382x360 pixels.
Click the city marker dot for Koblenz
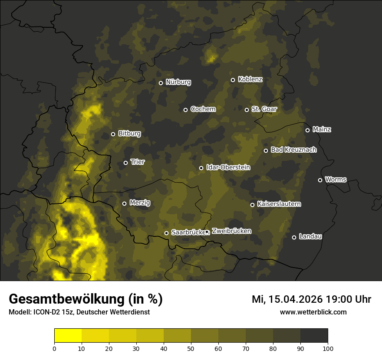coord(233,80)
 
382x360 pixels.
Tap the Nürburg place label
coord(178,82)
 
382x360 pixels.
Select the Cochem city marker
coord(185,110)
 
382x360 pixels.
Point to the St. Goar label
coord(264,109)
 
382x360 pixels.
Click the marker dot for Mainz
coord(307,130)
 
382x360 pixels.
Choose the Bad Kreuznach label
coord(293,150)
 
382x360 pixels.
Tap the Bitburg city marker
coord(113,134)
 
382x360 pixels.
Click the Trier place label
coord(138,162)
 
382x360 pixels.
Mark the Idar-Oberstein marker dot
coord(201,168)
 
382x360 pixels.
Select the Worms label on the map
coord(336,179)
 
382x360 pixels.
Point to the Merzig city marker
coord(124,203)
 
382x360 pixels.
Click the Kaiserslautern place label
coord(279,204)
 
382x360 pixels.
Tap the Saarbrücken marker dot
coord(166,233)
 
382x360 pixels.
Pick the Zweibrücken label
coord(231,231)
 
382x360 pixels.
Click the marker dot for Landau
coord(294,237)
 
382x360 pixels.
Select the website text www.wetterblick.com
coord(313,312)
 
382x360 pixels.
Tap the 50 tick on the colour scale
coord(191,348)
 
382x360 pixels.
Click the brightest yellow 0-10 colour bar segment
coord(68,335)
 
